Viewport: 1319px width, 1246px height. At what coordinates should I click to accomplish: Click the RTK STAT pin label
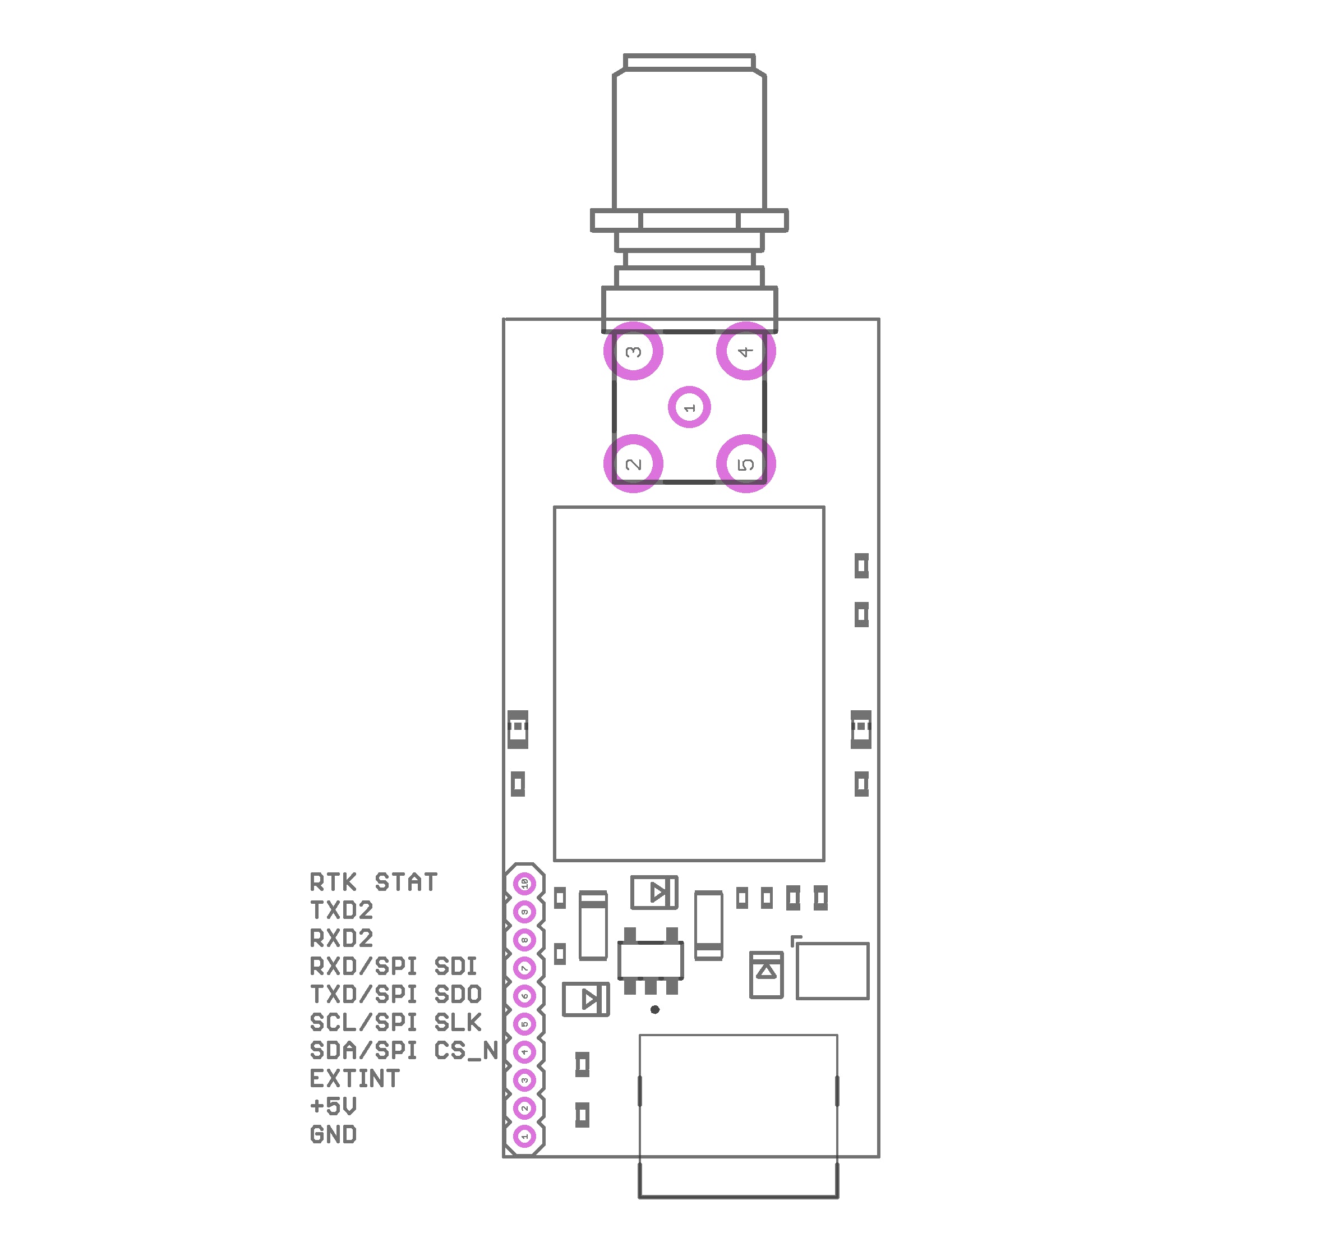373,882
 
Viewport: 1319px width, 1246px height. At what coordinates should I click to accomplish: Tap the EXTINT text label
354,1079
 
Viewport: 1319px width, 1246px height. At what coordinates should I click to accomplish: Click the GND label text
333,1134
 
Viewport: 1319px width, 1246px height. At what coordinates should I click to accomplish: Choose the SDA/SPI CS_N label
404,1051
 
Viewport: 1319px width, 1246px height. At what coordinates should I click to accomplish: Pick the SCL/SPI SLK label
395,1023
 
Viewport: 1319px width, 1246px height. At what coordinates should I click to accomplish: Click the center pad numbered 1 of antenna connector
689,407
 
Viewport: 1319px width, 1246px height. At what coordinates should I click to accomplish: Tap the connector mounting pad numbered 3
633,351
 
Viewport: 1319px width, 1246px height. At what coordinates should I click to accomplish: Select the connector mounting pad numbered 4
745,351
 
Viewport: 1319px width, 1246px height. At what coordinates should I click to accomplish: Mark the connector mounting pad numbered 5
745,463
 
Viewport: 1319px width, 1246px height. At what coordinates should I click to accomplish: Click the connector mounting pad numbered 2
633,463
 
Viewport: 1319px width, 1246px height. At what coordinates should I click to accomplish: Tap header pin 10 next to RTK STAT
524,884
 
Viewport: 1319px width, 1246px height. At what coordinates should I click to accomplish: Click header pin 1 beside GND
524,1137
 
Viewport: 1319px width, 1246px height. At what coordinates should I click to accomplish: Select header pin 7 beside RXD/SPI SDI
524,968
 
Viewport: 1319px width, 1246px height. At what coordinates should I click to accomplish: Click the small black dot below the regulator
655,1010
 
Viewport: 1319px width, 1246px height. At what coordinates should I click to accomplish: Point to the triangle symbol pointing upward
766,972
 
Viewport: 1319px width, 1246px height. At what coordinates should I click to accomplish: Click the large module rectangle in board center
689,684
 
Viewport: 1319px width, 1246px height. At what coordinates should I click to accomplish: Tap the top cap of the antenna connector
689,62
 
